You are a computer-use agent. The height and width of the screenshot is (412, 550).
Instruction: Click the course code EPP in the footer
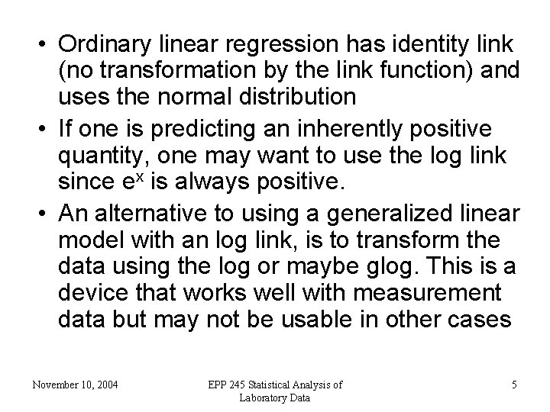coord(218,385)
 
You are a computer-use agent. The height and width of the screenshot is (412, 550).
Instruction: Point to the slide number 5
coord(514,385)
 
